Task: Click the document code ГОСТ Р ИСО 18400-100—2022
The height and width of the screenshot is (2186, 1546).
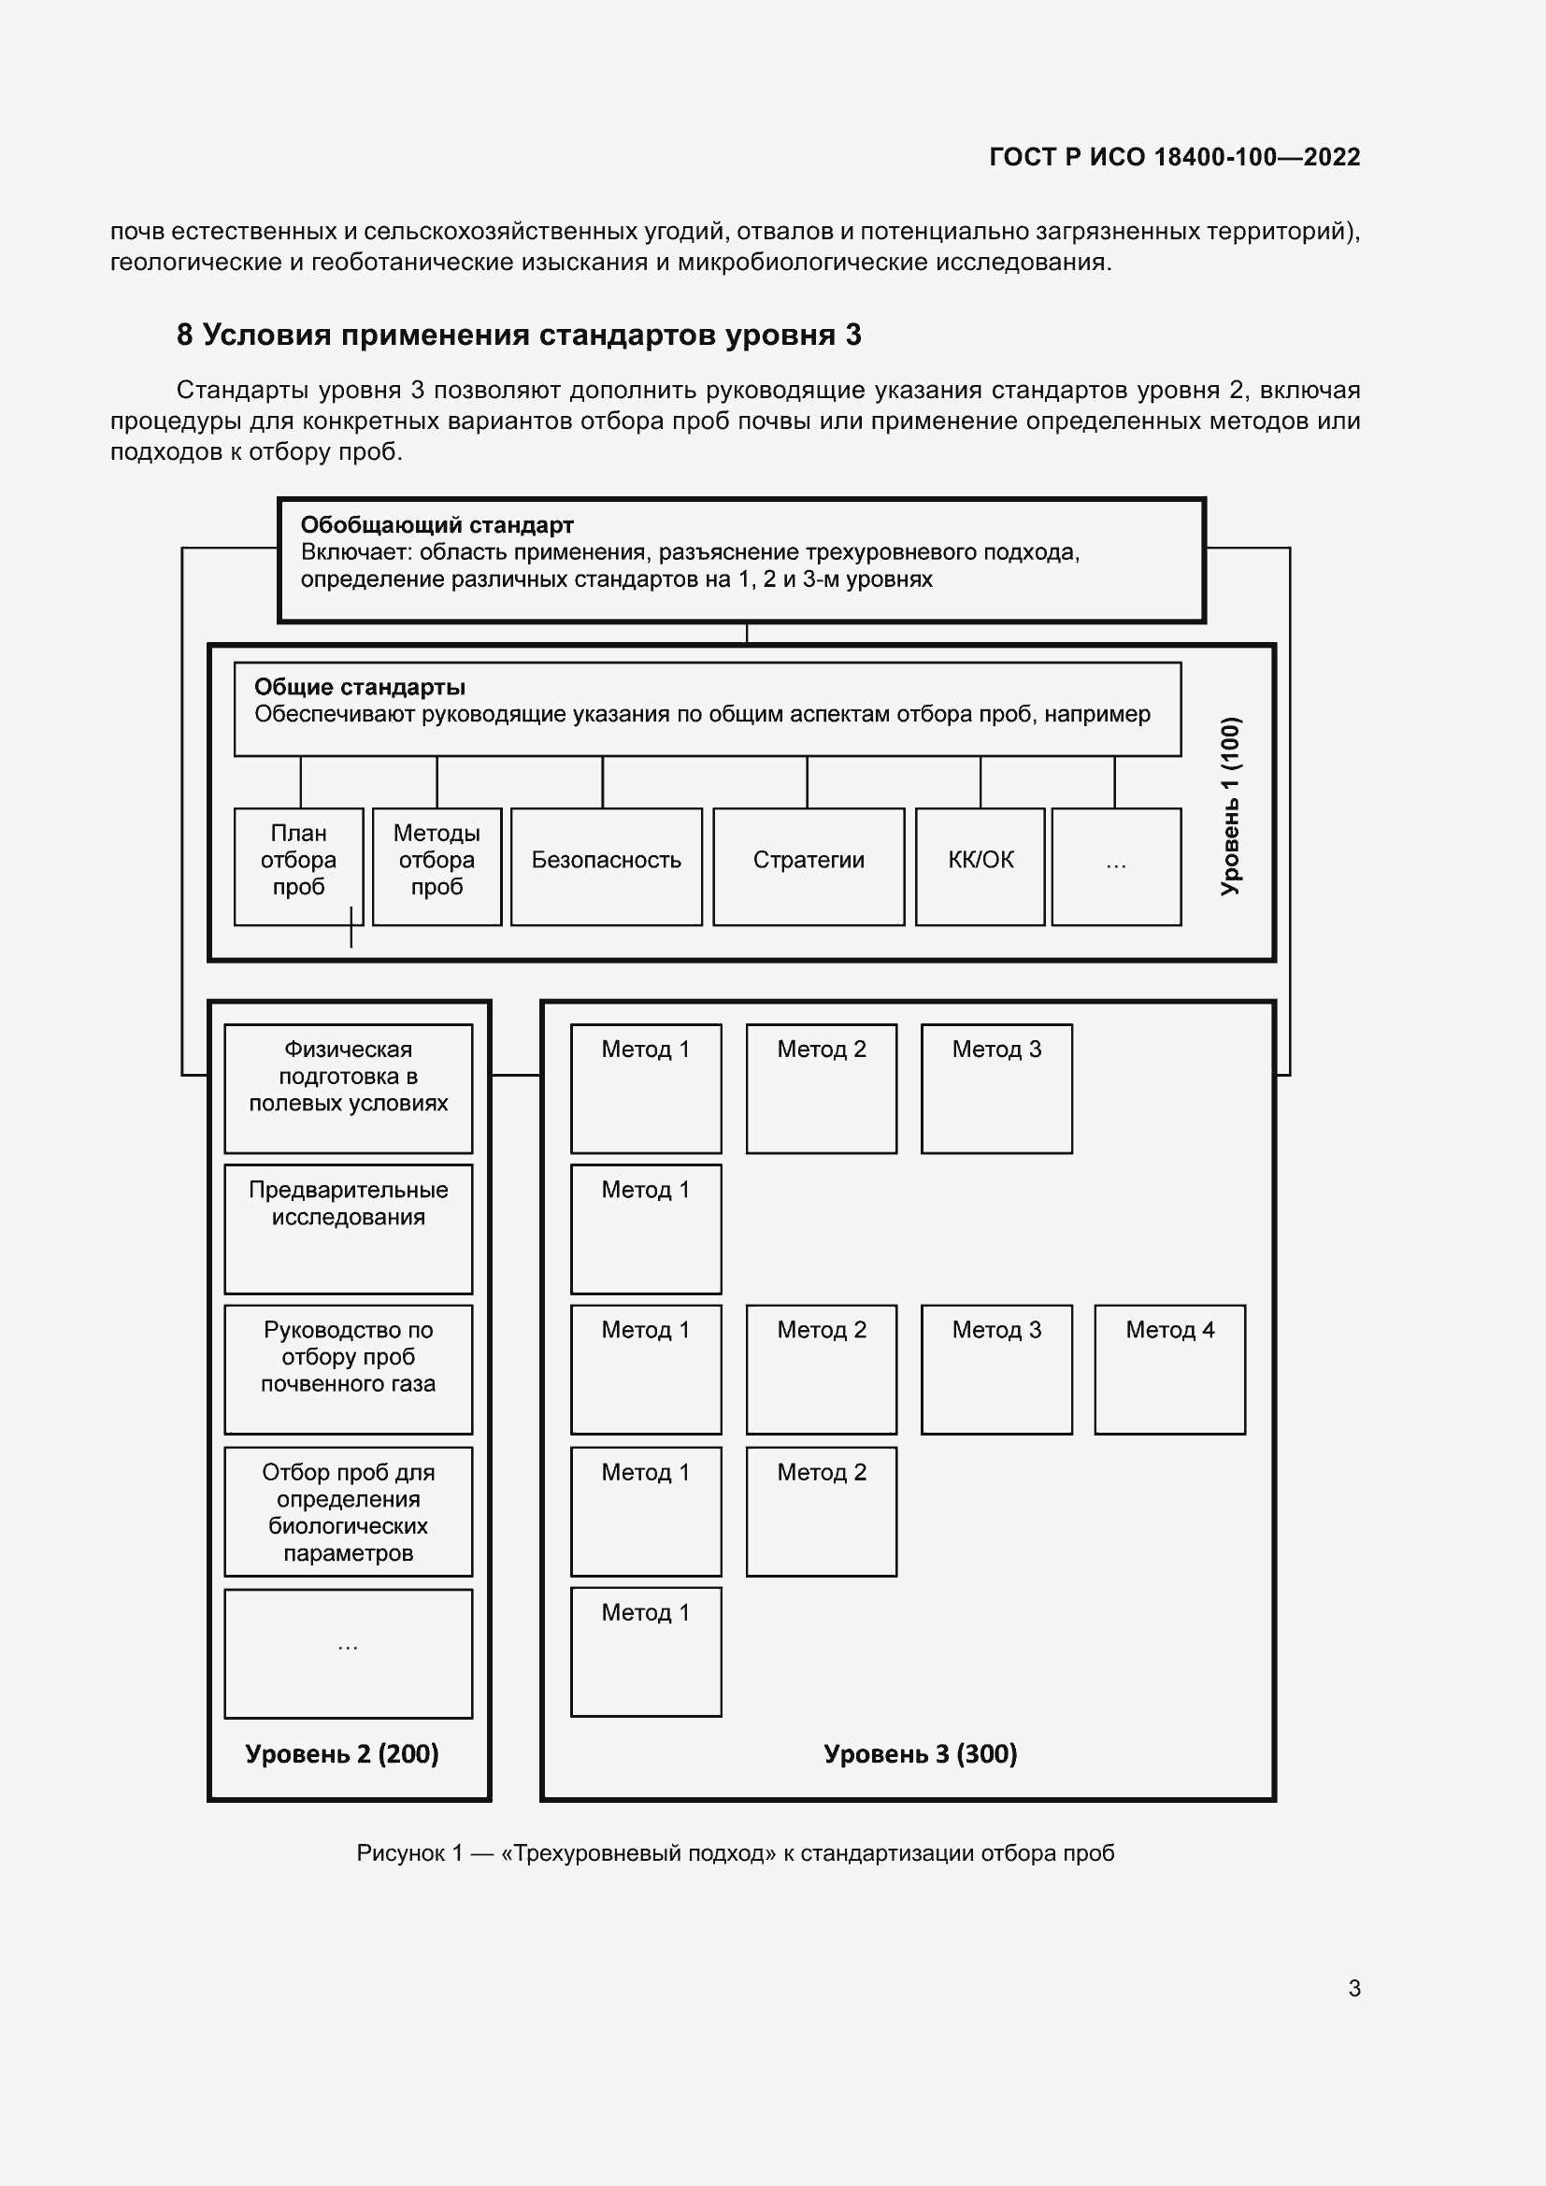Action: (x=1174, y=157)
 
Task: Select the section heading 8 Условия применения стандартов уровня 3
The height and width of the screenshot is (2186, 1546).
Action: (x=519, y=336)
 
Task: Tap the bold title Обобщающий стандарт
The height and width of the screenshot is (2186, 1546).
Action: (x=437, y=524)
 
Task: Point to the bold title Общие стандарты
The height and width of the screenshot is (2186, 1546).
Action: (x=359, y=687)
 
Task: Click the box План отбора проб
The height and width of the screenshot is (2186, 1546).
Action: (x=298, y=865)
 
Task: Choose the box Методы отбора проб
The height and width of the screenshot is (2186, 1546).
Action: (x=437, y=865)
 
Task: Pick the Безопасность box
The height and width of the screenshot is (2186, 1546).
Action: (x=607, y=865)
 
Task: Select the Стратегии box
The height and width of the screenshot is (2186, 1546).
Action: (x=809, y=865)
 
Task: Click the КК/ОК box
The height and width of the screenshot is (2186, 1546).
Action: (x=980, y=865)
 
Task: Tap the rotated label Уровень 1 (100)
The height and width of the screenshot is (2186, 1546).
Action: (x=1230, y=806)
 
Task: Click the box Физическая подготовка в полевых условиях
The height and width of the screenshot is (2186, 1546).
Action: (x=349, y=1087)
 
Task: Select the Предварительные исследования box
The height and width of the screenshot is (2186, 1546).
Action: (x=349, y=1228)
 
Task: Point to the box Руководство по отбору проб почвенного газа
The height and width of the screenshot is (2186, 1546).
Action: (x=349, y=1368)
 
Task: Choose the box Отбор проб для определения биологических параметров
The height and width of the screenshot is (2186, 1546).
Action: (x=349, y=1511)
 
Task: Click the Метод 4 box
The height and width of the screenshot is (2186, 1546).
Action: (x=1169, y=1368)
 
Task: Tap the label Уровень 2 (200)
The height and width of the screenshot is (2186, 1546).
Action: (x=342, y=1752)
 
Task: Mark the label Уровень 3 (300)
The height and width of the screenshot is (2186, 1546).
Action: (x=921, y=1752)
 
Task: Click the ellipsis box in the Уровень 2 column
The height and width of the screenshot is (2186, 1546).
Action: (x=349, y=1653)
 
